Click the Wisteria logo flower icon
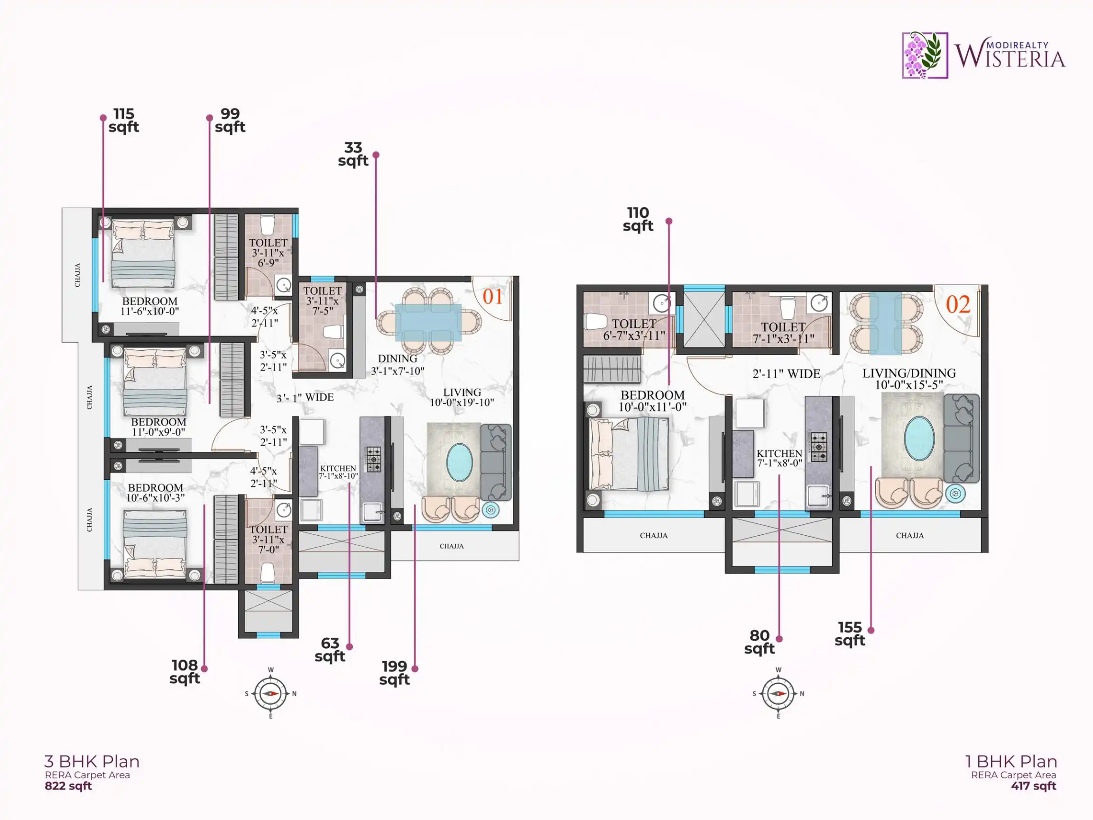coord(925,56)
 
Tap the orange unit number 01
coord(492,297)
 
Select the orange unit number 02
coord(958,305)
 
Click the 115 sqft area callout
coord(123,121)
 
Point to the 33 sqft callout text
coord(353,154)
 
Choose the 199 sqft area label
coord(394,673)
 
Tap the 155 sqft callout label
coord(850,634)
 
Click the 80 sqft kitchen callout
coord(760,642)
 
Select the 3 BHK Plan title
coord(92,761)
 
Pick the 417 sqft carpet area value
coord(1034,786)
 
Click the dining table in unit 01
coord(428,322)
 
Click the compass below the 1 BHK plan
coord(778,693)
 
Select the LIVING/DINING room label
coord(909,373)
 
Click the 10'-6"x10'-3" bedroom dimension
coord(155,498)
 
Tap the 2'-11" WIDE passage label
coord(786,374)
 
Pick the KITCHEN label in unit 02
coord(779,453)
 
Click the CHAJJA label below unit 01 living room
coord(452,546)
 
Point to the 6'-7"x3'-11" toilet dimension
coord(634,335)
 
